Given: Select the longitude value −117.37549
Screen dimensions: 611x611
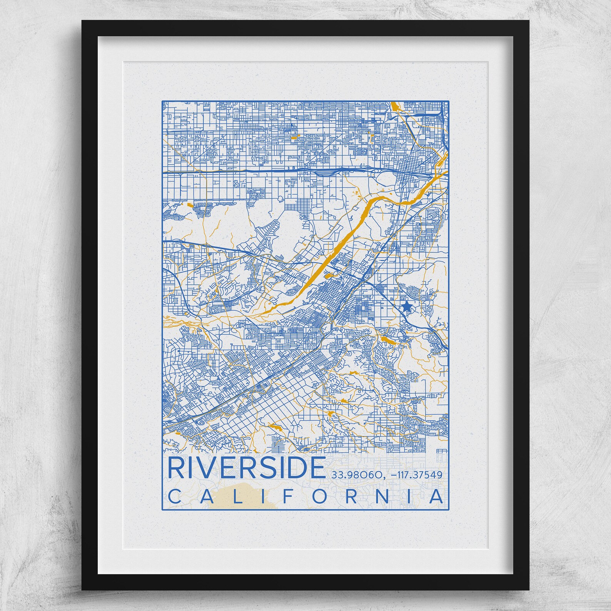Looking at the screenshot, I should (x=416, y=475).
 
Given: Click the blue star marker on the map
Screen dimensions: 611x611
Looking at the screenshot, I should (x=406, y=307).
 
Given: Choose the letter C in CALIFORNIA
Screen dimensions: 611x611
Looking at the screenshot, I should (x=174, y=496).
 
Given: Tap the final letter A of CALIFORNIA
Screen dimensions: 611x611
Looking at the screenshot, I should (x=436, y=496).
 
